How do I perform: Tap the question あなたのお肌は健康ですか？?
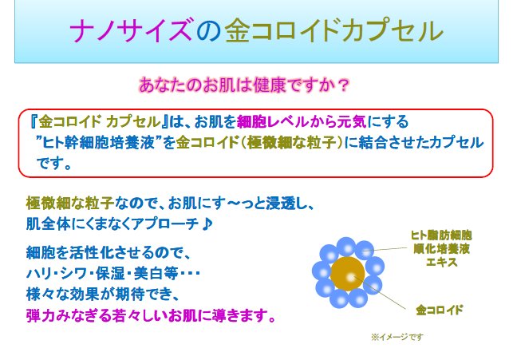246,83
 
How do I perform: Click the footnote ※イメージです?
397,337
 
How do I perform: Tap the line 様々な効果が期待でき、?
99,294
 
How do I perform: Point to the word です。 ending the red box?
55,164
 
